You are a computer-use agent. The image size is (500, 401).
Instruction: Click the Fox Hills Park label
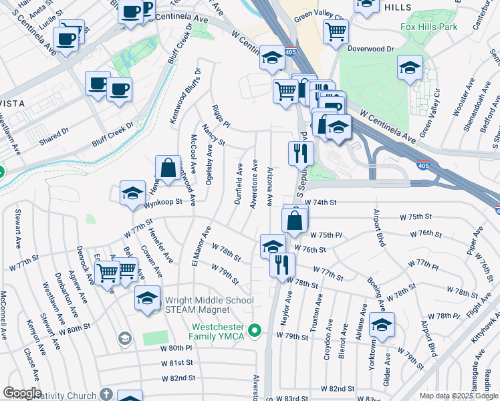429,27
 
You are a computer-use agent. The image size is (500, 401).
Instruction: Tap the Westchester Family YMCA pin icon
254,330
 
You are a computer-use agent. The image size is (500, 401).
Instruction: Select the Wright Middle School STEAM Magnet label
209,305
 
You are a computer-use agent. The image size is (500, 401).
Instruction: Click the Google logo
21,393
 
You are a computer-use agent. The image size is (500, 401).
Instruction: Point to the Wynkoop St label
164,205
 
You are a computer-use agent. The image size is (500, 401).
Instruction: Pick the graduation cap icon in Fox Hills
410,67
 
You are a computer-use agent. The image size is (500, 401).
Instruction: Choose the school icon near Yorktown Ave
382,327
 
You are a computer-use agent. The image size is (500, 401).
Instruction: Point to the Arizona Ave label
269,186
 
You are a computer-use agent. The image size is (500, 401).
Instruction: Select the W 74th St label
320,202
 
